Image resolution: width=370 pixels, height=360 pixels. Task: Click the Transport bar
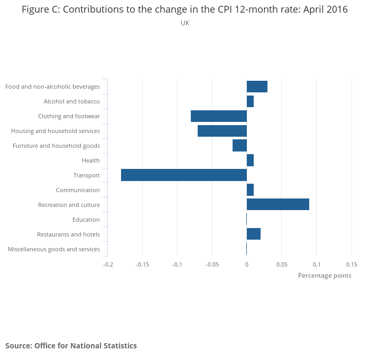click(x=184, y=175)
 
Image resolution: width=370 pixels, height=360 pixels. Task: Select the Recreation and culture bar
click(x=278, y=205)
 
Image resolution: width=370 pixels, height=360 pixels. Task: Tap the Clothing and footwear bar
click(x=219, y=116)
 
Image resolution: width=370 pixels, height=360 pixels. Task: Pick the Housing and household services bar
click(x=222, y=131)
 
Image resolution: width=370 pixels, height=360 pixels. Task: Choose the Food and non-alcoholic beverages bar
click(x=257, y=87)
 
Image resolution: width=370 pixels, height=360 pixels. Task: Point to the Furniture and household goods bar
click(x=239, y=146)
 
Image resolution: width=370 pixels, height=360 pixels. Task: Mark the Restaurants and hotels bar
click(x=254, y=234)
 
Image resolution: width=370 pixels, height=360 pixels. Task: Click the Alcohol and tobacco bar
click(x=250, y=101)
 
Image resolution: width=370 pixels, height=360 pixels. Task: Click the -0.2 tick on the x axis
click(x=107, y=264)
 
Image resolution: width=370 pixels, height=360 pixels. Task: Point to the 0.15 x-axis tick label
click(x=351, y=264)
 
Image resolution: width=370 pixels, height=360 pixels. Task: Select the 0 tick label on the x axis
click(x=247, y=264)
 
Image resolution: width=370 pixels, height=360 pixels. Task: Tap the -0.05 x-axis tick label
click(x=212, y=264)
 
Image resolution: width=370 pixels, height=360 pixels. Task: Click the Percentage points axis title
click(x=325, y=276)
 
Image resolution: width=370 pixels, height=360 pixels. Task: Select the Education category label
click(x=86, y=220)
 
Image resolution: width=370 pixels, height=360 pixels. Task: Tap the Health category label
click(x=91, y=160)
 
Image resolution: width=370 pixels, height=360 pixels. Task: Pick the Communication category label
click(x=78, y=190)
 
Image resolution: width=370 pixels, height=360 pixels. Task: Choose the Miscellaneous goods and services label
click(x=54, y=249)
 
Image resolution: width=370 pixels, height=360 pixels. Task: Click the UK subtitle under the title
click(x=185, y=23)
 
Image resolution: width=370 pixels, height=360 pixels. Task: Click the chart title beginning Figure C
click(x=185, y=10)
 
